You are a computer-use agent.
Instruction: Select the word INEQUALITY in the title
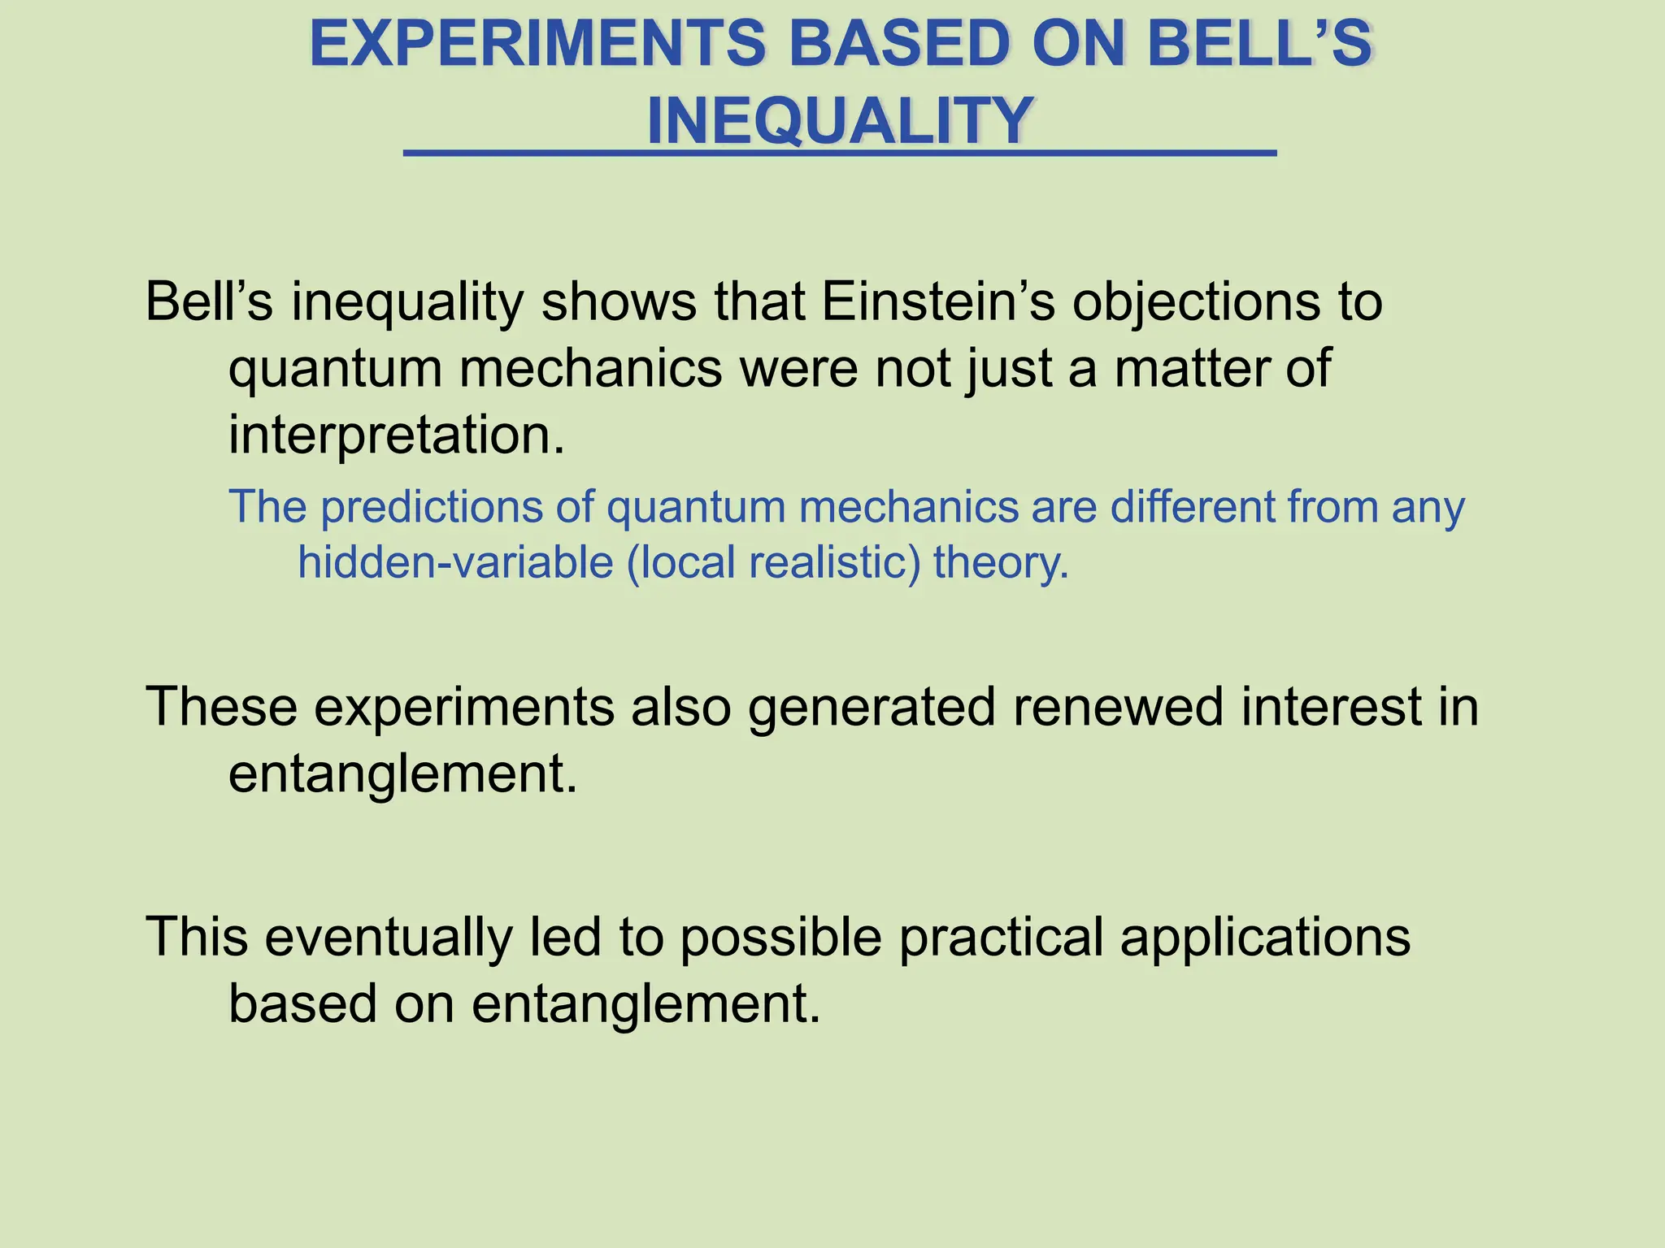click(840, 121)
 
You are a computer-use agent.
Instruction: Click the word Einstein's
click(938, 302)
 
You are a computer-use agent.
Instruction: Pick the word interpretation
click(396, 435)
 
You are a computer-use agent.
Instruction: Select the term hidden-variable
click(455, 562)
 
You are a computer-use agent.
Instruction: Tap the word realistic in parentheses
click(833, 562)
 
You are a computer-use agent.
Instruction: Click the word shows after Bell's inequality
click(619, 302)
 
